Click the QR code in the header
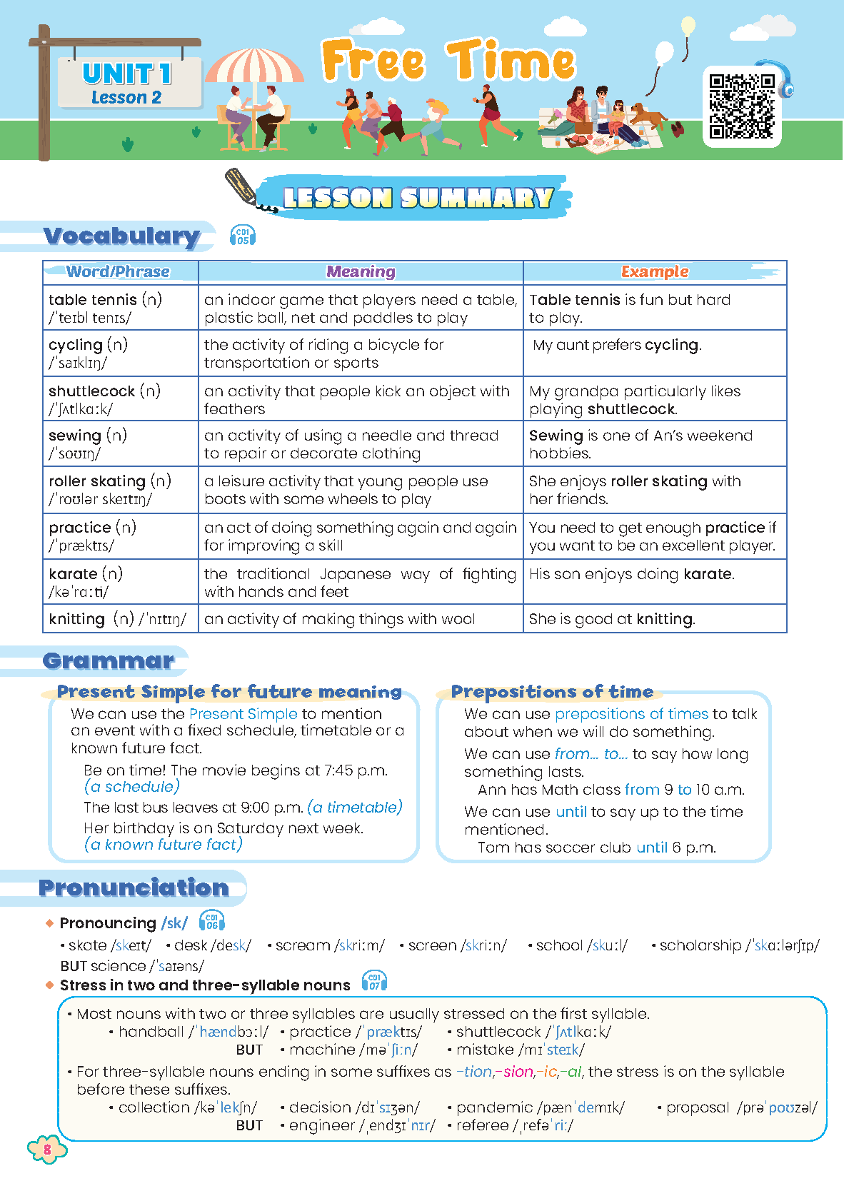pos(742,106)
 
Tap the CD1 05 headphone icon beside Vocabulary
pos(243,235)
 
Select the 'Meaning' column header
pos(361,272)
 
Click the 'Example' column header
pos(655,272)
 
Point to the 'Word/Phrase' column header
pos(119,272)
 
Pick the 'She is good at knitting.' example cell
pos(612,619)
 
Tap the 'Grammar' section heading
pos(109,660)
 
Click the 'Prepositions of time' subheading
pos(552,692)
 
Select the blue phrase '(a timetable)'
pos(355,808)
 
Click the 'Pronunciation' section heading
pos(134,888)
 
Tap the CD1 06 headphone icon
pos(211,921)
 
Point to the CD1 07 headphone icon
pos(374,982)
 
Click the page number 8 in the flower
pos(47,1150)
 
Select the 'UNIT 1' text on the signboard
pos(127,74)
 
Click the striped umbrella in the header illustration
pos(253,66)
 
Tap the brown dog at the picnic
pos(647,115)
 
